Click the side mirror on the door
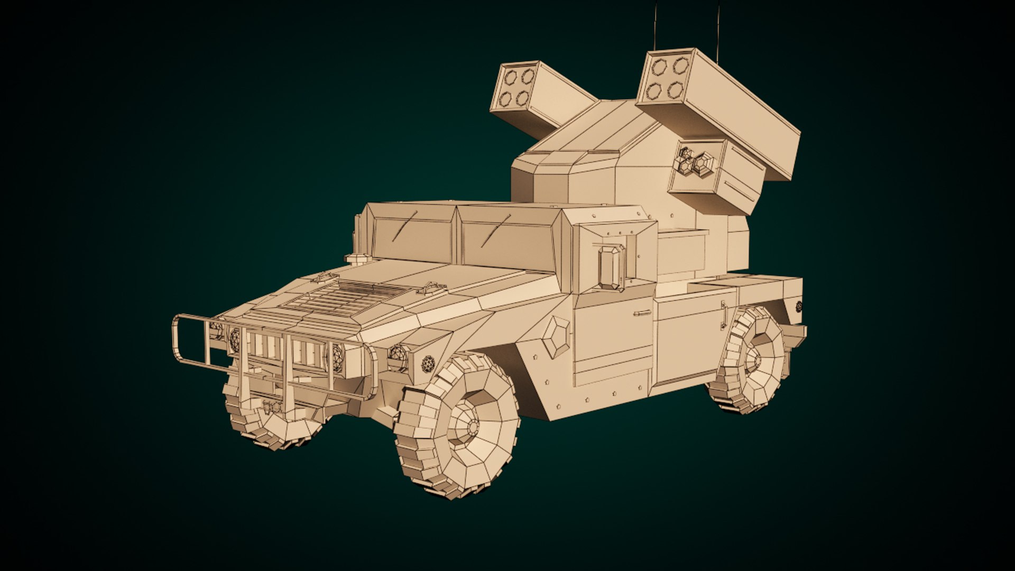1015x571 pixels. (x=611, y=267)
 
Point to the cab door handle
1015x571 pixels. (x=642, y=313)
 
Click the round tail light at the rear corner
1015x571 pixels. (x=799, y=306)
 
